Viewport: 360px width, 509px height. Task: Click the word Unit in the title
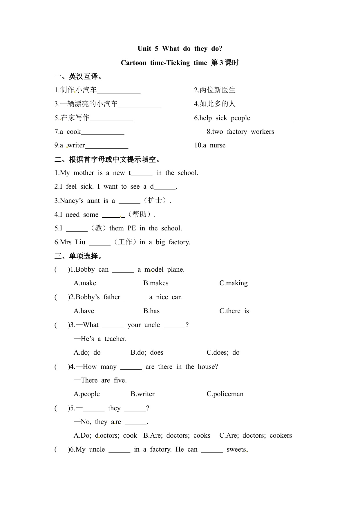tap(144, 48)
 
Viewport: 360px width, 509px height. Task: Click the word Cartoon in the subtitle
tap(133, 63)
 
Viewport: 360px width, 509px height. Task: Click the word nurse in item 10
tap(218, 145)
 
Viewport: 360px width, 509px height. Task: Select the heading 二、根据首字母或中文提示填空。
tap(108, 159)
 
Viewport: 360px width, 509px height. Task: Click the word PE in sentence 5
tap(132, 228)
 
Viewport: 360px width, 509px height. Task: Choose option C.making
tap(234, 283)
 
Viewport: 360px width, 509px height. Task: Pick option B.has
tap(151, 311)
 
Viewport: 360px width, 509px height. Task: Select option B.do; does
tap(147, 353)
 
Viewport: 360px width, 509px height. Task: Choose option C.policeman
tap(225, 394)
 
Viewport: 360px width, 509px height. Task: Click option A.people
tap(87, 394)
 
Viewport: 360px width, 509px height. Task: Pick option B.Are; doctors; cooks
tap(177, 436)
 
